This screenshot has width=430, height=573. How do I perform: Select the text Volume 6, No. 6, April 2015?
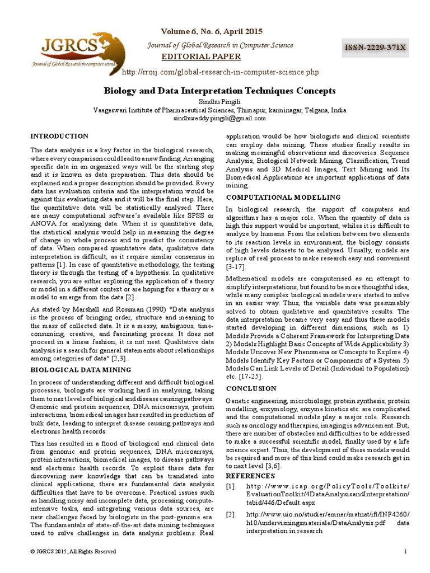click(x=212, y=31)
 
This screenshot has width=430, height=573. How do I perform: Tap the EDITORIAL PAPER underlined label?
click(x=201, y=57)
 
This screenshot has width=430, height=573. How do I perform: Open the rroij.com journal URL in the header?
click(x=219, y=72)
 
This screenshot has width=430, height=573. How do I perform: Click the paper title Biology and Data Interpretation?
click(x=220, y=90)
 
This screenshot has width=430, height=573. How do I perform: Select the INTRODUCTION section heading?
click(x=59, y=136)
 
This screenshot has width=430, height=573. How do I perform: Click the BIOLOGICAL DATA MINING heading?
click(x=81, y=370)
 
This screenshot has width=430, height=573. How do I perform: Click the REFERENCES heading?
click(x=250, y=476)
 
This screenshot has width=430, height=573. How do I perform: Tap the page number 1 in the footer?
click(x=404, y=552)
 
